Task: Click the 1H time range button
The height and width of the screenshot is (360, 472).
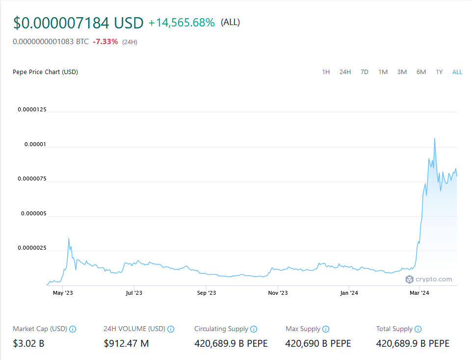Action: (x=326, y=72)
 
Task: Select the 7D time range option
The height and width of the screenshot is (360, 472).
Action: (x=364, y=72)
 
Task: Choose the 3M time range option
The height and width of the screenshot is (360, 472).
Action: (x=402, y=72)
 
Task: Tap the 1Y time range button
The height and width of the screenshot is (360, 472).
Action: (x=439, y=72)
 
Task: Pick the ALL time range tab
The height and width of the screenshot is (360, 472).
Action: (x=457, y=72)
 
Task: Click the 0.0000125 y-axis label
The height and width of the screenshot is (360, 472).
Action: (x=32, y=109)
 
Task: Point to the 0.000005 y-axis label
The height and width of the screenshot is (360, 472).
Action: (x=32, y=213)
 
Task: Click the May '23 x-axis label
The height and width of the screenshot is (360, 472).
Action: (x=62, y=293)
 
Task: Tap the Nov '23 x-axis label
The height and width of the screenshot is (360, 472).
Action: (x=277, y=293)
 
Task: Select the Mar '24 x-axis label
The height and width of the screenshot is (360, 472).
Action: (x=420, y=293)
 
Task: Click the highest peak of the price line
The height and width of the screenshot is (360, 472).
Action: (x=435, y=139)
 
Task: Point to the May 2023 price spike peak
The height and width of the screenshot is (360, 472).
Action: (x=69, y=239)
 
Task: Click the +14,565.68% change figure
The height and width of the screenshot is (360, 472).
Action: (x=182, y=23)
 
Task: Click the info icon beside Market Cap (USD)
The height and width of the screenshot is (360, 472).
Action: (x=73, y=329)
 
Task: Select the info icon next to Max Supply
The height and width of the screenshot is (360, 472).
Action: (x=326, y=329)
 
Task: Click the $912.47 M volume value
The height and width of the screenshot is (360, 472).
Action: (x=126, y=343)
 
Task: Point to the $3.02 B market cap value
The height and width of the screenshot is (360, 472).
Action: (x=28, y=343)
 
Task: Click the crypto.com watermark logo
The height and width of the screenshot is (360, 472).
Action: (x=428, y=279)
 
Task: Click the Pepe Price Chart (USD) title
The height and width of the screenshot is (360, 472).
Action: (x=45, y=72)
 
